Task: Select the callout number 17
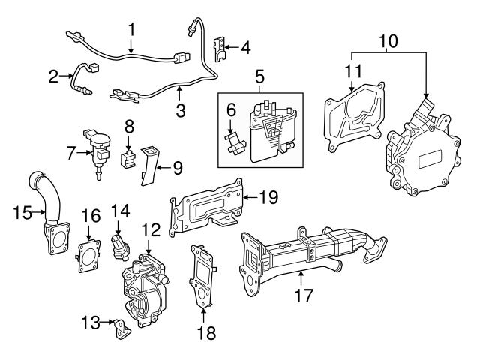pyautogui.click(x=301, y=295)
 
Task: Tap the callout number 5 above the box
pyautogui.click(x=260, y=76)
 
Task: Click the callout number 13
pyautogui.click(x=89, y=322)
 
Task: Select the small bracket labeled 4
pyautogui.click(x=221, y=49)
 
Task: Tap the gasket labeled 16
pyautogui.click(x=90, y=256)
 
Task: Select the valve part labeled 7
pyautogui.click(x=97, y=148)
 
